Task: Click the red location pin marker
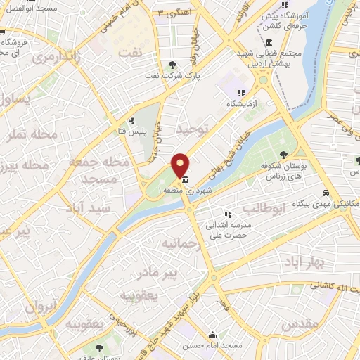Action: (181, 165)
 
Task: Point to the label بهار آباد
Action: (302, 262)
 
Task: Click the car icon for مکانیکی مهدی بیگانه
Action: (327, 193)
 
